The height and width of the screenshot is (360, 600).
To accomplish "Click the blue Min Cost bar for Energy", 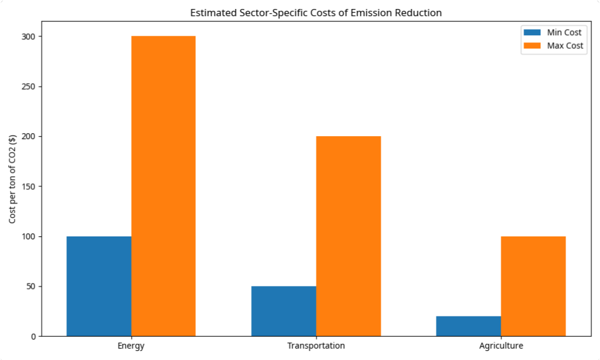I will (x=99, y=286).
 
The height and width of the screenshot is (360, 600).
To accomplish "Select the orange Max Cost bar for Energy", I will (x=163, y=186).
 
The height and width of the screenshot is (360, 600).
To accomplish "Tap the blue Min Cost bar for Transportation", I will (x=284, y=311).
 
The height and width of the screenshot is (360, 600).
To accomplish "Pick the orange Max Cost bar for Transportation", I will (x=348, y=236).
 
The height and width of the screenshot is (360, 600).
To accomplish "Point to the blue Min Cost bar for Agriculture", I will (x=468, y=326).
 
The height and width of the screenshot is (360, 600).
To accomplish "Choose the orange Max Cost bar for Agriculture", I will (x=533, y=286).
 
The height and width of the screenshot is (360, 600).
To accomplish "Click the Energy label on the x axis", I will (x=131, y=346).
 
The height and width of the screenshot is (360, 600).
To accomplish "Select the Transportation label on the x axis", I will (x=316, y=346).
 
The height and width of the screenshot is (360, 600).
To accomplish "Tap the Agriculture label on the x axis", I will (x=501, y=346).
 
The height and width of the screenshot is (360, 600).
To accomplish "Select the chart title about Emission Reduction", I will (x=316, y=13).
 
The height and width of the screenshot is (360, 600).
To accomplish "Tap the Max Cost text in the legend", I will (x=565, y=46).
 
